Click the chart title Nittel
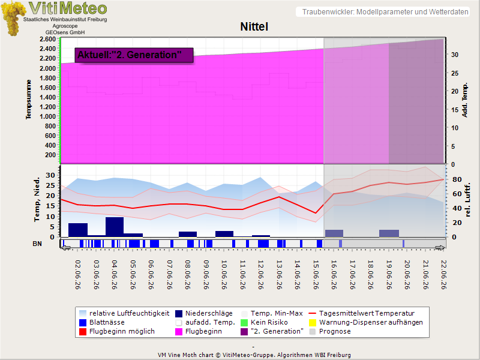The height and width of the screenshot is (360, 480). [254, 26]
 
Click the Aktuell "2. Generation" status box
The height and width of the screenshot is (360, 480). [134, 55]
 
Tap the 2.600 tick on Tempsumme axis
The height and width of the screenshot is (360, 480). [48, 39]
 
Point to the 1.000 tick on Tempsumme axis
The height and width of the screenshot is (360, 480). [48, 116]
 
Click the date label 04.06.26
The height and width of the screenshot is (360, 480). [115, 275]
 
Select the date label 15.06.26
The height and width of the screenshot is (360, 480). [316, 275]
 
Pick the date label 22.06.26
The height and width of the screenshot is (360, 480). [443, 275]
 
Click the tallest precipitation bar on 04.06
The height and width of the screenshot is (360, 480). [115, 227]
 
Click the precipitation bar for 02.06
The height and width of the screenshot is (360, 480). [78, 230]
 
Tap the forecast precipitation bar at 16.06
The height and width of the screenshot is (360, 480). [334, 233]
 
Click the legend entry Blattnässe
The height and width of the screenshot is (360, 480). [102, 322]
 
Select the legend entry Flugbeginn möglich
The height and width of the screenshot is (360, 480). [117, 332]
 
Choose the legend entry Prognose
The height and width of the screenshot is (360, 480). [330, 332]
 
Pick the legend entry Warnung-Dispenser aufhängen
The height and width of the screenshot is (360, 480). [366, 322]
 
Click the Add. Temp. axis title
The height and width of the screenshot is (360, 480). [464, 100]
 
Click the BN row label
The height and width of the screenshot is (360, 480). [37, 244]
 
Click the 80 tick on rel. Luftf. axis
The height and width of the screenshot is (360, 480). [457, 179]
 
